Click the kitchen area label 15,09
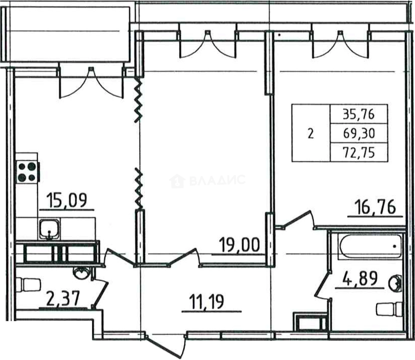[67, 200]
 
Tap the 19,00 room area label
[239, 245]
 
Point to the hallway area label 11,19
[207, 302]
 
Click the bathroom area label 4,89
[360, 279]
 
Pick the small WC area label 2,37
[63, 299]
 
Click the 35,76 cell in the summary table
[359, 114]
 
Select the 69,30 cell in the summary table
[359, 133]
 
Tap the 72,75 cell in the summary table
[359, 153]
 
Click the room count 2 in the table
[311, 134]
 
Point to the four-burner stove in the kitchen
[28, 172]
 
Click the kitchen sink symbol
[49, 229]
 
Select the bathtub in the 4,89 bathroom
[370, 246]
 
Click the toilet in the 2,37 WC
[28, 285]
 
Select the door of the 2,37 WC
[100, 294]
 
